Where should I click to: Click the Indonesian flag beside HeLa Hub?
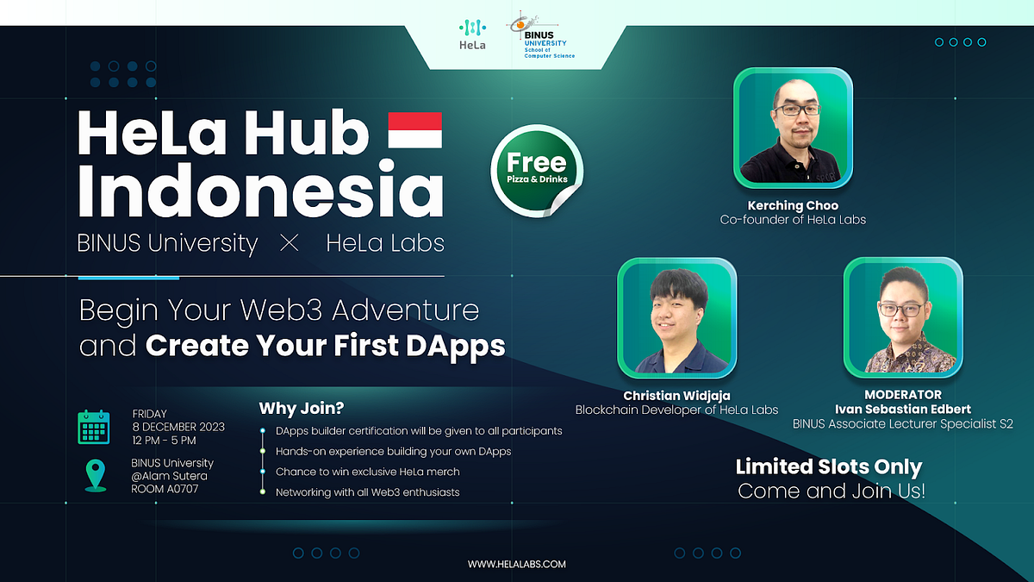pos(414,130)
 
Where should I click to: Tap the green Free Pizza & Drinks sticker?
pos(536,171)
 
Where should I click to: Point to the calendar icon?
pos(94,427)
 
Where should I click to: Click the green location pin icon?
pos(96,475)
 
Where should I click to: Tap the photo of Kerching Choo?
pos(793,128)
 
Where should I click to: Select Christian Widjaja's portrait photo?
pos(676,317)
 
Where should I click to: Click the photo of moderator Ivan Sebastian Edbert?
pos(901,317)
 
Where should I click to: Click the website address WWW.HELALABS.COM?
pos(517,564)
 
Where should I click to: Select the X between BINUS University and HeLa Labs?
pos(290,244)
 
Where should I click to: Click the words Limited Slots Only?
pos(829,467)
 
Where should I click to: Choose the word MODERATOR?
pos(901,394)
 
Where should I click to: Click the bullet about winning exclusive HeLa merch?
pos(367,472)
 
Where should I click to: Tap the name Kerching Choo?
pos(793,205)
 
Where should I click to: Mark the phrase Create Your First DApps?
pos(326,345)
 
